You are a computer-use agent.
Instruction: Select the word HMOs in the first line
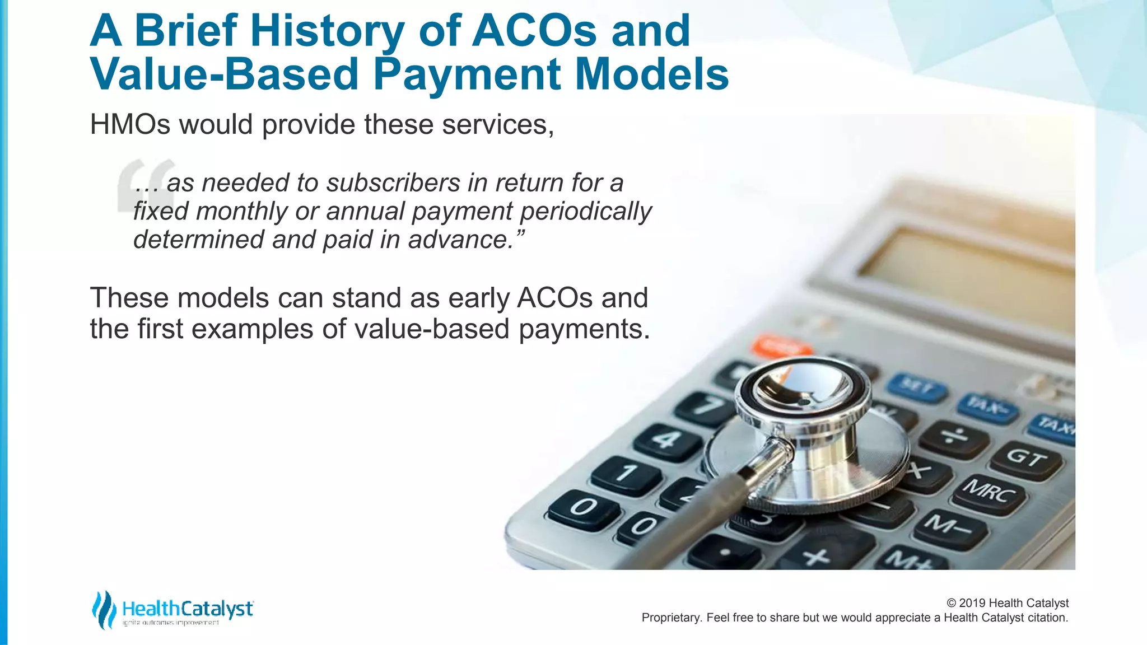(130, 124)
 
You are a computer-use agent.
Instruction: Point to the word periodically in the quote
(586, 212)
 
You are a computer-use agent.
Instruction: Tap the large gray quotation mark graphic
(144, 185)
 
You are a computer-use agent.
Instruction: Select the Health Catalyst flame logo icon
(104, 610)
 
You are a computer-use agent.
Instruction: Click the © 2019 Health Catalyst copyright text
(1007, 603)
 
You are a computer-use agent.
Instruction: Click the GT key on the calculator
(1026, 459)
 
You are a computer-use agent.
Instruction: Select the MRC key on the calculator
(989, 492)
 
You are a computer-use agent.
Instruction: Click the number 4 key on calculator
(667, 440)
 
